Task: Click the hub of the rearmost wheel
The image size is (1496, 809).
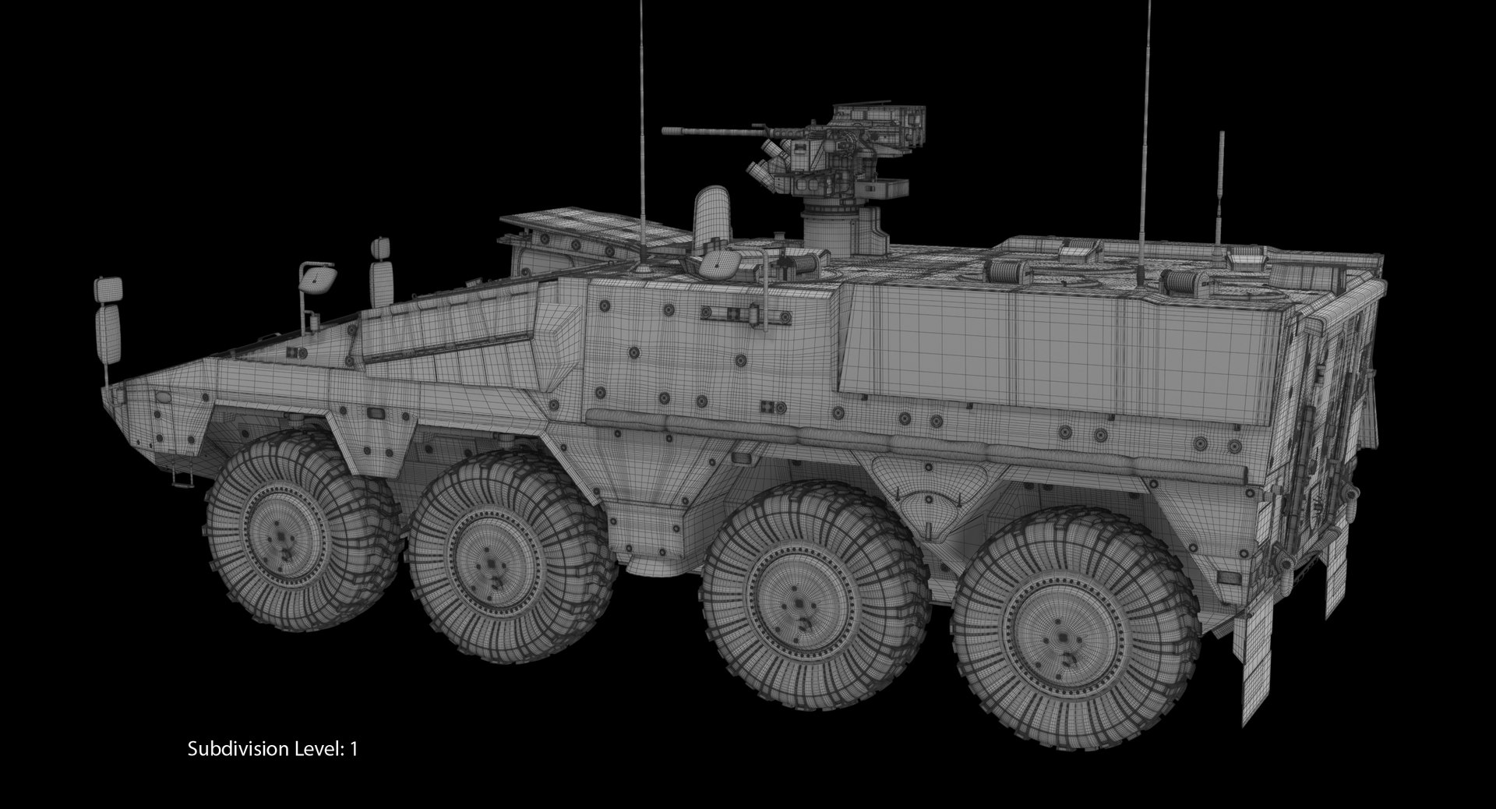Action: [x=1060, y=638]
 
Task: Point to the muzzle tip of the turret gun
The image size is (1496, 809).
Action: [x=665, y=132]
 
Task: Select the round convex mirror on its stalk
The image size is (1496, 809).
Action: [x=320, y=277]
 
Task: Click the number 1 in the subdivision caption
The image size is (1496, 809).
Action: [x=354, y=750]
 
